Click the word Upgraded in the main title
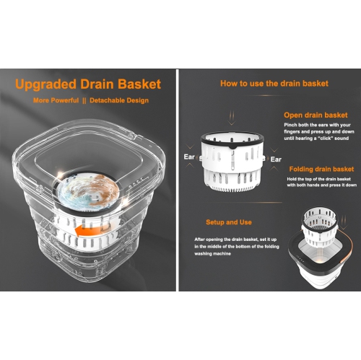tap(45, 84)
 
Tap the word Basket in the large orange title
tap(139, 84)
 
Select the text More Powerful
tap(56, 100)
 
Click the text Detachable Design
tap(119, 100)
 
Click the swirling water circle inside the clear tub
tap(88, 190)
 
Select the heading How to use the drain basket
tap(274, 84)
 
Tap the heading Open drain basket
tap(316, 115)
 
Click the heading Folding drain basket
tap(321, 169)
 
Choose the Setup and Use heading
tap(229, 222)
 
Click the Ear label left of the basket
tap(189, 157)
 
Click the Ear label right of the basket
tap(276, 159)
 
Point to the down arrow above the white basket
tap(232, 118)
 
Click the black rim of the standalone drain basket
tap(232, 139)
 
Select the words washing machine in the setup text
tap(212, 254)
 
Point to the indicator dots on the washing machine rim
tap(300, 260)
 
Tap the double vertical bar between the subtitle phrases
tap(84, 100)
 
